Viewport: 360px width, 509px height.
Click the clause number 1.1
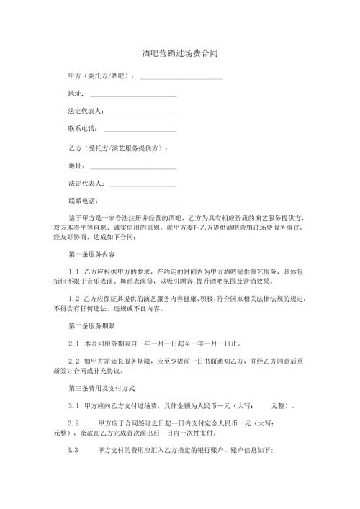[x=73, y=271]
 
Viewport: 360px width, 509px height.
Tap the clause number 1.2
[x=73, y=297]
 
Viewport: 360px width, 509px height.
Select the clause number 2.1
[x=73, y=343]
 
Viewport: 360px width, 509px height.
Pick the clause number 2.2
[x=73, y=361]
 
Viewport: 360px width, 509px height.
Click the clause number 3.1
[x=73, y=407]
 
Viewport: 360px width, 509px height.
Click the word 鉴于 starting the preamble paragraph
[x=74, y=217]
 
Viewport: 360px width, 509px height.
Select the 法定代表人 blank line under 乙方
[x=143, y=184]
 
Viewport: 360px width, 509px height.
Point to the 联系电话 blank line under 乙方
[x=140, y=202]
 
